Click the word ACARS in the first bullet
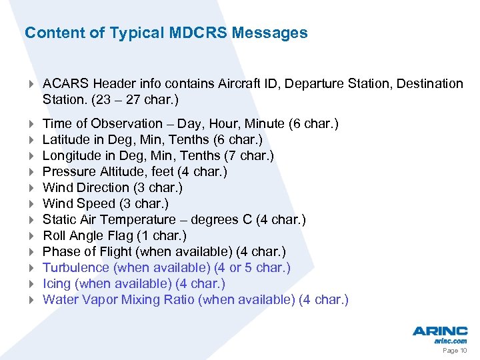click(66, 83)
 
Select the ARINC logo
click(439, 331)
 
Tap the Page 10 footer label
click(455, 351)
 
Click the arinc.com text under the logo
click(451, 341)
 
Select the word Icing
click(56, 283)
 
